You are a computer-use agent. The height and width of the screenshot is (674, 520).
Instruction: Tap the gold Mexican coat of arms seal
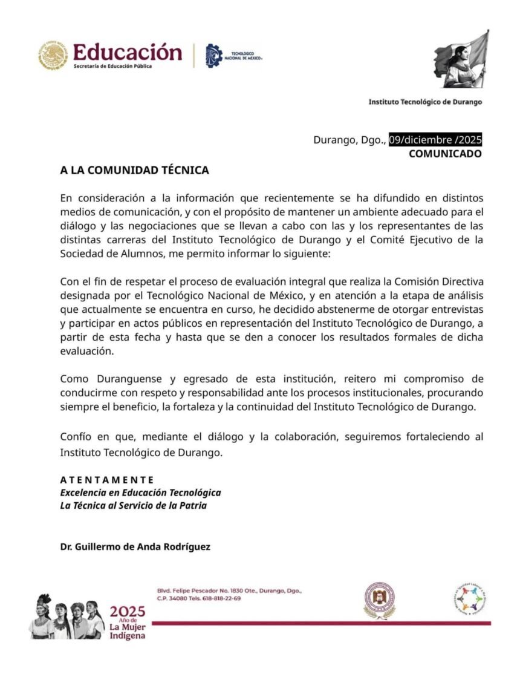(x=53, y=55)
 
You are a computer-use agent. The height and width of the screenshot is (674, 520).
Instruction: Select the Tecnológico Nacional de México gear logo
(x=214, y=54)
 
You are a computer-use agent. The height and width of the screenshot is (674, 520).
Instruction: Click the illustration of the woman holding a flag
(x=461, y=60)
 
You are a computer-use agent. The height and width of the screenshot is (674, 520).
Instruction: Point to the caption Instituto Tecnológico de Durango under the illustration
(x=425, y=102)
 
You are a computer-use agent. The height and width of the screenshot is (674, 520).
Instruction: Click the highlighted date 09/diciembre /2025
(x=435, y=140)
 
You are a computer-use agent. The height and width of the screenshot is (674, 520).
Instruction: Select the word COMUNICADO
(x=445, y=154)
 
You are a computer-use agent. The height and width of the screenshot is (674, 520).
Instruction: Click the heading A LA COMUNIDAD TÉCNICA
(x=134, y=171)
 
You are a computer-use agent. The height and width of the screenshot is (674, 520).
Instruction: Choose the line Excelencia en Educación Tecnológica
(x=140, y=492)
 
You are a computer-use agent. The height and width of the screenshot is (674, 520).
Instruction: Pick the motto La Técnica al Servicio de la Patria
(x=133, y=505)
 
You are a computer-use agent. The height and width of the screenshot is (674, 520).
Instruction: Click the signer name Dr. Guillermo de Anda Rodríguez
(x=135, y=547)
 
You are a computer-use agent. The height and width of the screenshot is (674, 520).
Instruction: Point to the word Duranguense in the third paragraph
(x=128, y=379)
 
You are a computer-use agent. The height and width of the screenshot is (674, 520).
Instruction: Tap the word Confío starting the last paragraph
(x=75, y=437)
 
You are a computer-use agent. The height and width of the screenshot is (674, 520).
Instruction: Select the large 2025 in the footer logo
(x=128, y=612)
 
